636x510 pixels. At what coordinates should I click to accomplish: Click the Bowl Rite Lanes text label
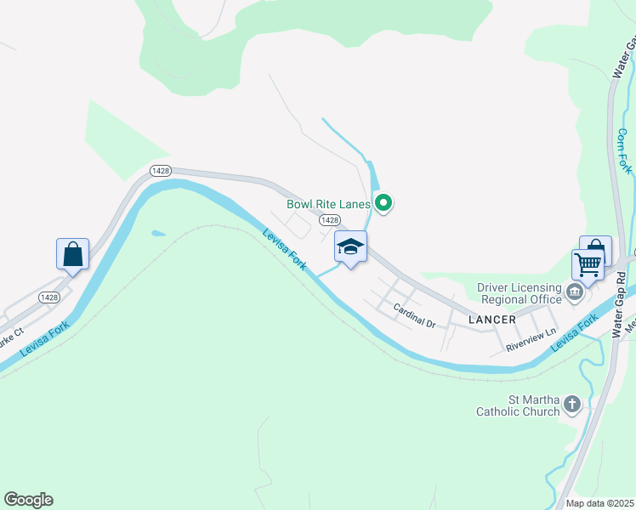pyautogui.click(x=328, y=204)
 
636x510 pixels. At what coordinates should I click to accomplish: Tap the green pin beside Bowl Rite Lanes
pyautogui.click(x=383, y=202)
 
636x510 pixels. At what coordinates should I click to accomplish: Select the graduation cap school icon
pyautogui.click(x=350, y=247)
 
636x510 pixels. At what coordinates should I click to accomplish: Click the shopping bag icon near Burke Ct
pyautogui.click(x=73, y=254)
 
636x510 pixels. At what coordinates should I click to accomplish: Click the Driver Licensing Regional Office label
pyautogui.click(x=520, y=293)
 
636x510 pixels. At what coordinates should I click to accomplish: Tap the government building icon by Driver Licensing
pyautogui.click(x=575, y=294)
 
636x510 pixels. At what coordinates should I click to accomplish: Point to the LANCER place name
pyautogui.click(x=492, y=320)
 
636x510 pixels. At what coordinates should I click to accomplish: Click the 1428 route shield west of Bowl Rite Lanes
pyautogui.click(x=161, y=171)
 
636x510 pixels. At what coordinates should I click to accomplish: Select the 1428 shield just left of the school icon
pyautogui.click(x=331, y=220)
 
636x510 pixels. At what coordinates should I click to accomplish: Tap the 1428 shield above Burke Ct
pyautogui.click(x=48, y=297)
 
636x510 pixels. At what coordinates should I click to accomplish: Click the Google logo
pyautogui.click(x=28, y=500)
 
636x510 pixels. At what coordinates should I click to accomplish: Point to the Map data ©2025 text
pyautogui.click(x=599, y=503)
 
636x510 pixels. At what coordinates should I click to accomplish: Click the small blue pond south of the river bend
pyautogui.click(x=158, y=233)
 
